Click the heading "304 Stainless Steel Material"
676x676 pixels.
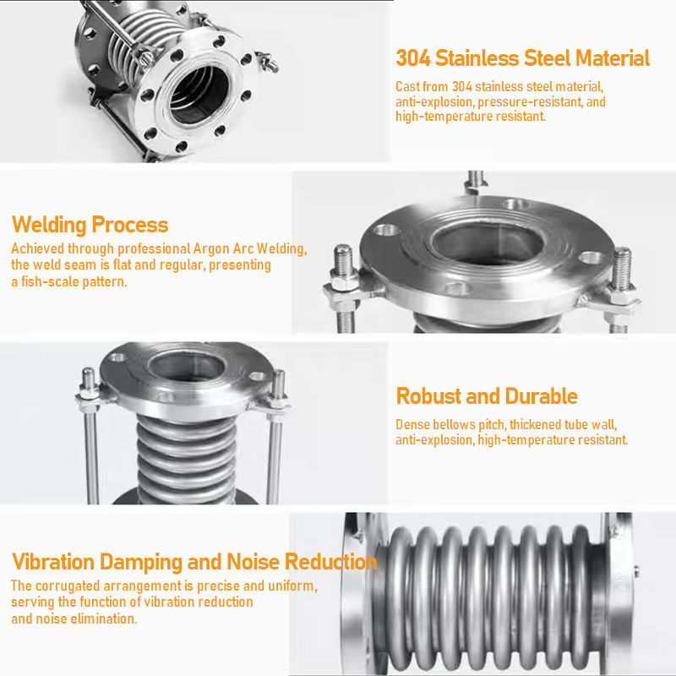pyautogui.click(x=522, y=58)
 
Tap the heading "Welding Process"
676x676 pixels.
pyautogui.click(x=90, y=225)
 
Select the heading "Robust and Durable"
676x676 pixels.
pyautogui.click(x=487, y=395)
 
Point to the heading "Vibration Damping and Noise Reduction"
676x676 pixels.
pyautogui.click(x=194, y=562)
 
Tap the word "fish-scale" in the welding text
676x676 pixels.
pyautogui.click(x=50, y=281)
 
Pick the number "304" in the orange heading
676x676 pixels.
pyautogui.click(x=413, y=58)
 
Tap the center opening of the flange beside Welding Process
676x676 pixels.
pyautogui.click(x=488, y=244)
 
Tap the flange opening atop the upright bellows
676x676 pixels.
pyautogui.click(x=186, y=367)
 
